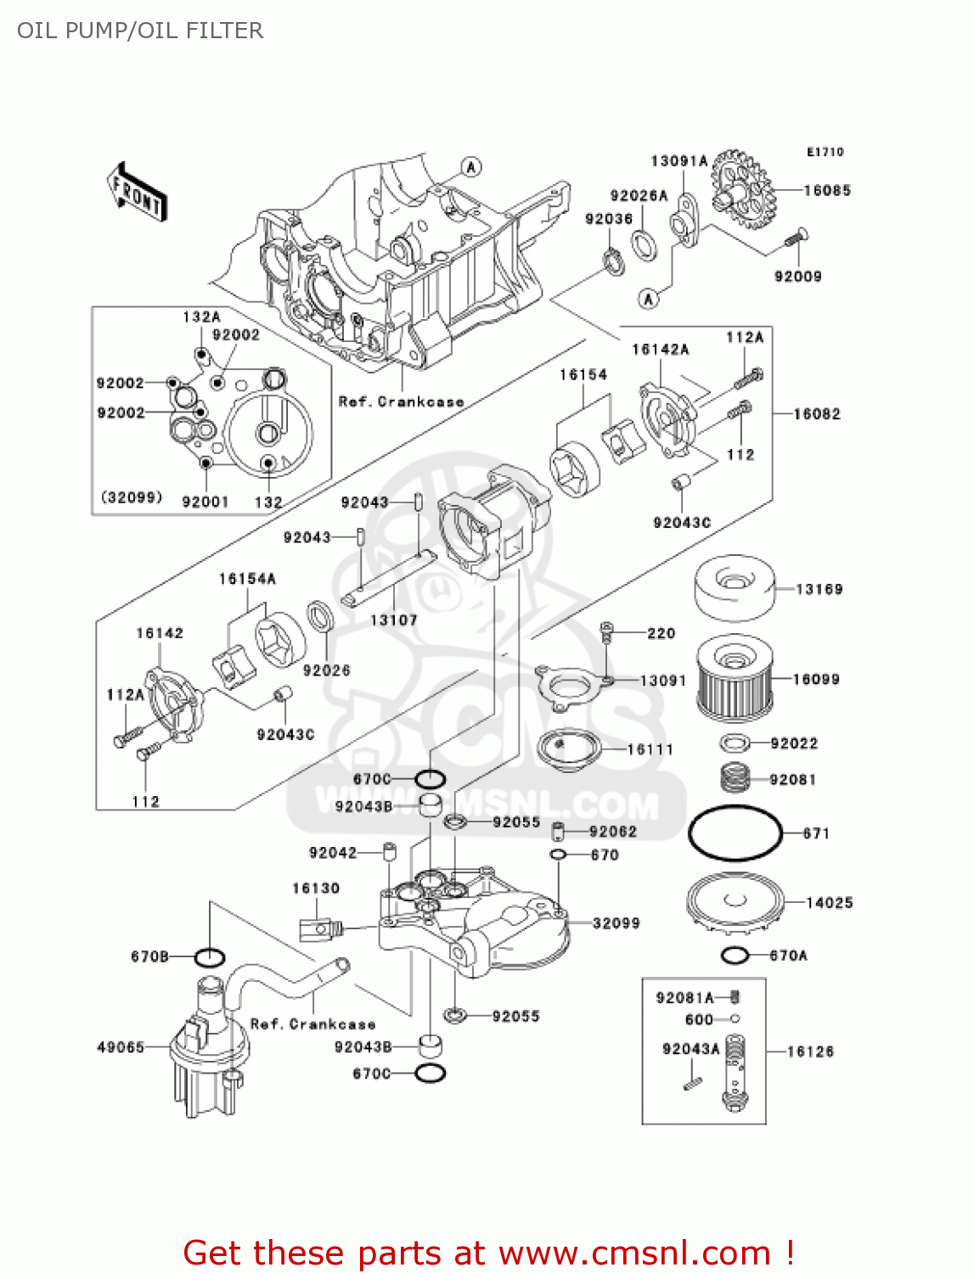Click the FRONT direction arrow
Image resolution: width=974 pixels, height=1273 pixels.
coord(137,193)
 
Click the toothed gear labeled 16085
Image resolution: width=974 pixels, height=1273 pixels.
coord(740,189)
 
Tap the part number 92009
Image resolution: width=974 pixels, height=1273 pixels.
coord(797,277)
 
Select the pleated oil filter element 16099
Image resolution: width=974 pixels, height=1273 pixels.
coord(735,680)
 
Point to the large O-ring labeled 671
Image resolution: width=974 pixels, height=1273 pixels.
coord(735,833)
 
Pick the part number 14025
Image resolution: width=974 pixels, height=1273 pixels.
coord(829,903)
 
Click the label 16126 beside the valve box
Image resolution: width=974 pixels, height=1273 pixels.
coord(810,1051)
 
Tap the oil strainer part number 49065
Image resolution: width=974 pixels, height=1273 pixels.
coord(121,1047)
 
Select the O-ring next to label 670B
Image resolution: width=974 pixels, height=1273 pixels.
coord(209,957)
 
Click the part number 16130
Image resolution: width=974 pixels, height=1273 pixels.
coord(316,889)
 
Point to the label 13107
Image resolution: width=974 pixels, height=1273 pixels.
coord(393,620)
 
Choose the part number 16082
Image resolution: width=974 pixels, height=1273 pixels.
coord(816,414)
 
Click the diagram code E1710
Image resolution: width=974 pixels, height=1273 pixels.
coord(825,152)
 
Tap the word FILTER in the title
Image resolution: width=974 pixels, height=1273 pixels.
coord(224,31)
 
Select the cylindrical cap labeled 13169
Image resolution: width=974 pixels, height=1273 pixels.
coord(734,587)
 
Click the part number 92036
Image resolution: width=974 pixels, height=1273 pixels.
coord(609,219)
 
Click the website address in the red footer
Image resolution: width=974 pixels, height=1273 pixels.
coord(634,1253)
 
